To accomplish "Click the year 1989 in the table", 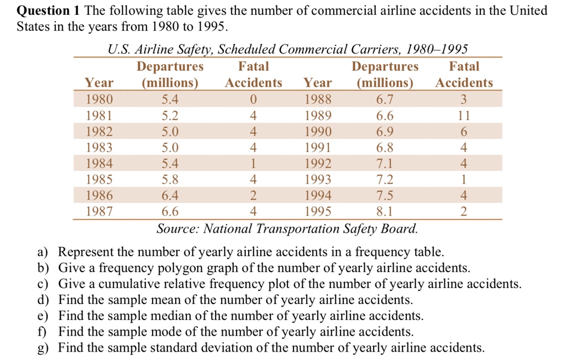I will tap(318, 116).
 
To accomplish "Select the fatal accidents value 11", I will tap(464, 116).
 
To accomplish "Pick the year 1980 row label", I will tap(99, 100).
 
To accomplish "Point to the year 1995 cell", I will tap(318, 211).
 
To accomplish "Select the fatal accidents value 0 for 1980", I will tap(253, 100).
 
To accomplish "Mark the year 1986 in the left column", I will tap(99, 196).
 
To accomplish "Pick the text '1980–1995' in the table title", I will tap(437, 50).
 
